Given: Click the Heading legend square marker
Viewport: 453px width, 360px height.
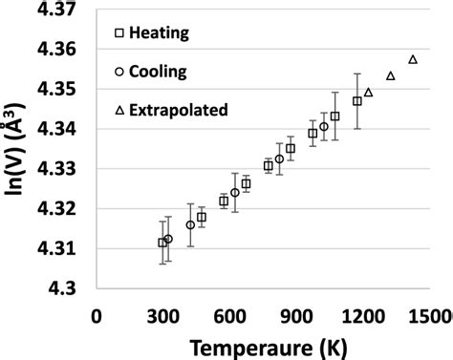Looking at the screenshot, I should click(119, 33).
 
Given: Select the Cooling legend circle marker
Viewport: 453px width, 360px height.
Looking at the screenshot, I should click(119, 72).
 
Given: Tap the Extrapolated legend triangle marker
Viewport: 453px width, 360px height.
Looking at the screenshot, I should click(119, 110).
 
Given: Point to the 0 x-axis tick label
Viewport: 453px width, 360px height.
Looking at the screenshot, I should click(96, 315).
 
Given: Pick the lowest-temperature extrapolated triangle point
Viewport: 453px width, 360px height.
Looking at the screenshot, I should click(368, 93).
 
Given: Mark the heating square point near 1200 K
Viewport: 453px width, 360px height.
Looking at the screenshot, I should click(357, 100).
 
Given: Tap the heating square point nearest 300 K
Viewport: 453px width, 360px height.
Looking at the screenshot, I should click(162, 243).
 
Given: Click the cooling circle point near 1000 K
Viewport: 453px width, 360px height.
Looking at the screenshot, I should click(324, 127).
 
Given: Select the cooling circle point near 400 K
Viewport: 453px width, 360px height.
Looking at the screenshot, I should click(190, 225).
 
